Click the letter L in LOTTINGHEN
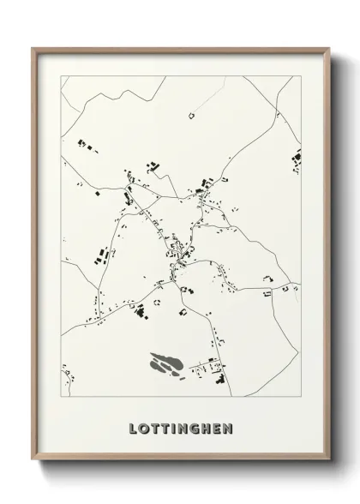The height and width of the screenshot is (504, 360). point(133,427)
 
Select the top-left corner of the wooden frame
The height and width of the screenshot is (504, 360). point(33,48)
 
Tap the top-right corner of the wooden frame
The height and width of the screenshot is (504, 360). point(327,48)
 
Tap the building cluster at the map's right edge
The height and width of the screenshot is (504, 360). point(297,158)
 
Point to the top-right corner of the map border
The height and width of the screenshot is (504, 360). point(301,76)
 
